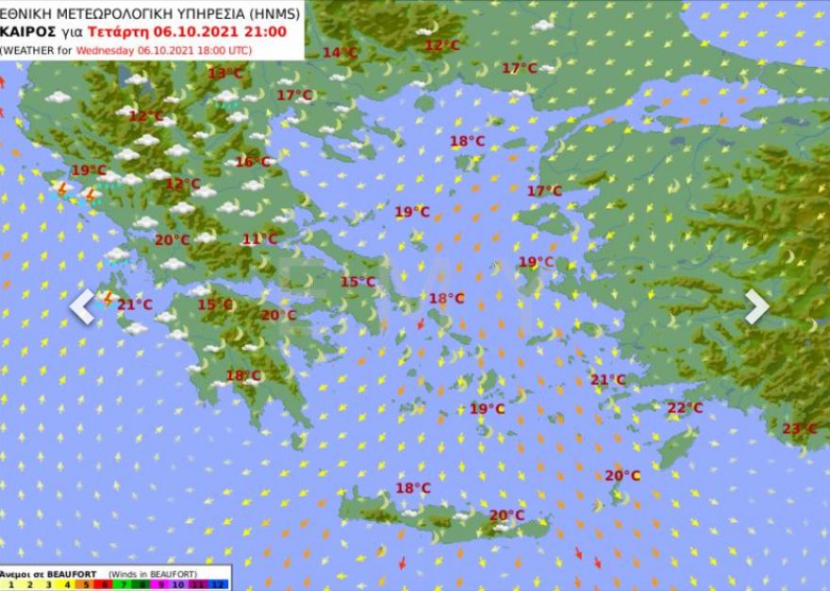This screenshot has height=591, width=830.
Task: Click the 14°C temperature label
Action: coord(340,53)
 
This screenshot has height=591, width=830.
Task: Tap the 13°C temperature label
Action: coord(225,74)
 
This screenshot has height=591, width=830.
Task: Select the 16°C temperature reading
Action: coord(252,162)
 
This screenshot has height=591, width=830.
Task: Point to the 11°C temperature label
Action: coord(259,239)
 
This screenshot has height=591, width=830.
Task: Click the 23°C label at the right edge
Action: coord(799,429)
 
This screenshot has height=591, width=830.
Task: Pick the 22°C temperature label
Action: coord(685,408)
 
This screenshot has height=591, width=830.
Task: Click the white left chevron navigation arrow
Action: coord(83,306)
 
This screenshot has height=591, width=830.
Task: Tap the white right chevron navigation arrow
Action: coord(757,306)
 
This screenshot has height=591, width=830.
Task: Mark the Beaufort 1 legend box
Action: coord(10,584)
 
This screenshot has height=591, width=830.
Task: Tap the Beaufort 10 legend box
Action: coord(179,584)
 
